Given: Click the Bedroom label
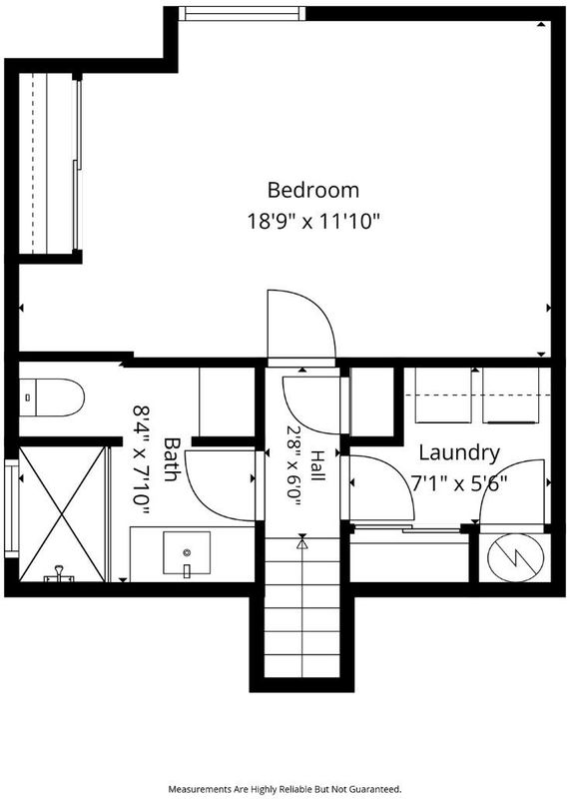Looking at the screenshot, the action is (x=313, y=190).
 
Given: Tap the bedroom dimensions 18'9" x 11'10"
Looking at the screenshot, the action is (x=313, y=222).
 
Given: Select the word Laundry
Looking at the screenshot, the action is (x=459, y=453).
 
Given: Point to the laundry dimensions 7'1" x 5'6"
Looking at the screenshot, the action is (x=459, y=483).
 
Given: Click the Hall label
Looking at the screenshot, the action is (x=317, y=465).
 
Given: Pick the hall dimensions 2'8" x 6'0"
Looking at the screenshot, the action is (x=294, y=465).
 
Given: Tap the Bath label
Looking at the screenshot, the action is (x=172, y=459).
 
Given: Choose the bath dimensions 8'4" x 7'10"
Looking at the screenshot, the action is (x=141, y=459).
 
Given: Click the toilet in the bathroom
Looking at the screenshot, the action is (x=52, y=397).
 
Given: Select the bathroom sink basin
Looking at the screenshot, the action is (x=187, y=552).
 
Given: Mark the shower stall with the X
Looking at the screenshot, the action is (x=62, y=513).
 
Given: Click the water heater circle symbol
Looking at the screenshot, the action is (x=515, y=558).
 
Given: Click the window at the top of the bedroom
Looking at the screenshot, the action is (x=242, y=14).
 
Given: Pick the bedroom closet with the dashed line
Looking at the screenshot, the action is (x=47, y=163).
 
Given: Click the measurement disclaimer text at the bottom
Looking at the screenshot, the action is (x=285, y=789).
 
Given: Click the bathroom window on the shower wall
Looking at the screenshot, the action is (x=11, y=507).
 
